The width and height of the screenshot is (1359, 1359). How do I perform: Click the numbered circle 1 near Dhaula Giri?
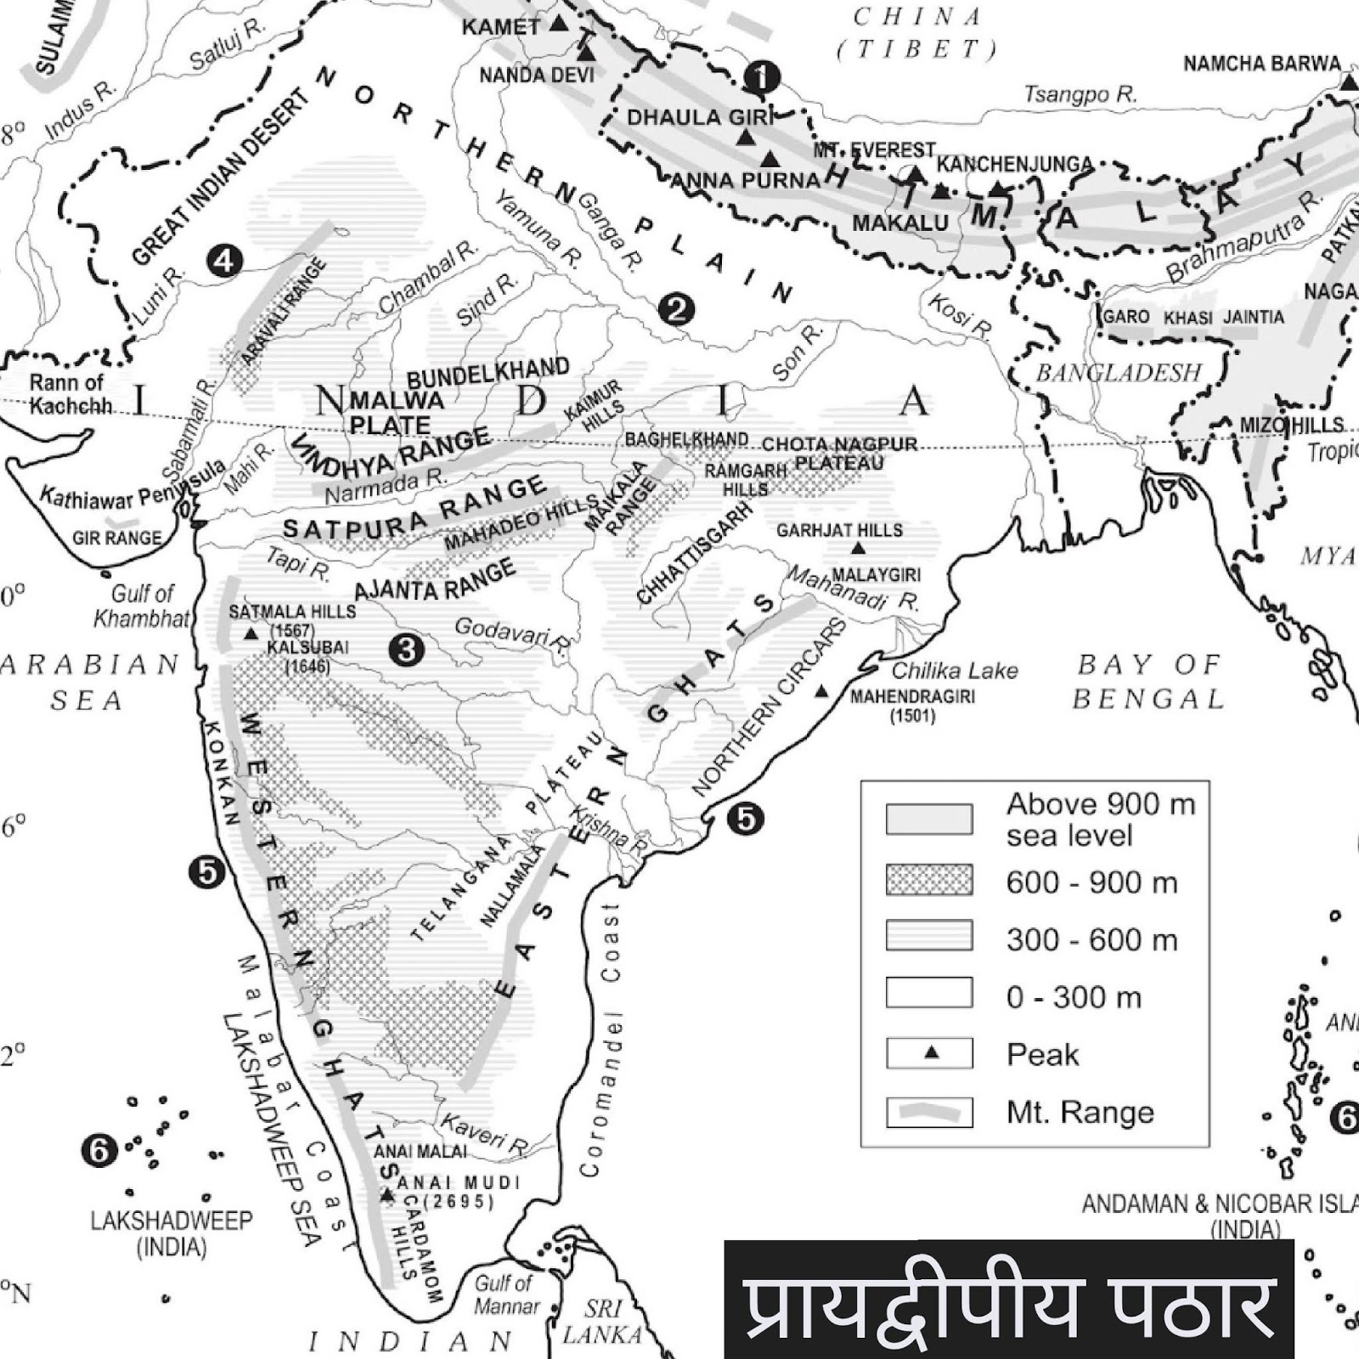pos(761,77)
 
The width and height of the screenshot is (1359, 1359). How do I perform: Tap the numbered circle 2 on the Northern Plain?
pos(676,309)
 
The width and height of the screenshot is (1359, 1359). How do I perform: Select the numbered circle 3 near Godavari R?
pos(407,650)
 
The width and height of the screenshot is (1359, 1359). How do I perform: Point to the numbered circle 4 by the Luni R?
pos(224,260)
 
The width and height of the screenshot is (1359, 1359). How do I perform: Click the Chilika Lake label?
pos(954,671)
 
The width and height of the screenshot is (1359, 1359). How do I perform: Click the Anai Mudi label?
pos(446,1183)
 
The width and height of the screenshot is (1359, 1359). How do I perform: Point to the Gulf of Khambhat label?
pos(142,606)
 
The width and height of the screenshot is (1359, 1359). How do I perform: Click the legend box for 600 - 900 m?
pos(929,880)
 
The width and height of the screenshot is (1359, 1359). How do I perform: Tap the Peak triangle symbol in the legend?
pos(932,1053)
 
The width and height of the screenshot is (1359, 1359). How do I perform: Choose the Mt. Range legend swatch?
pos(929,1111)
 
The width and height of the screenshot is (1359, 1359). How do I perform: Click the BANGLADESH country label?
pos(1118,373)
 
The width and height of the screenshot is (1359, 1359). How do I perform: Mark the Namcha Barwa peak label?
pos(1261,64)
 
